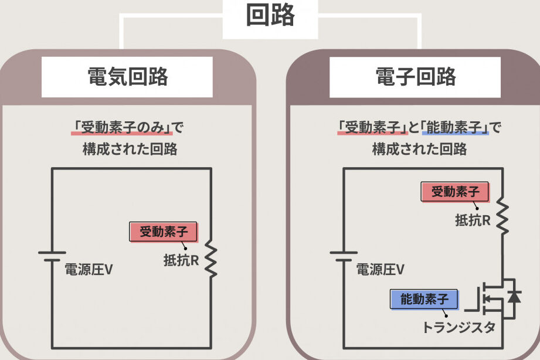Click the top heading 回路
[x=270, y=16]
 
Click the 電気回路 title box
[x=127, y=77]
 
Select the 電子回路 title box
[x=415, y=77]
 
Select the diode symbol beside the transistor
[x=514, y=297]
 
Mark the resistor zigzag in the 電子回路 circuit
[x=502, y=213]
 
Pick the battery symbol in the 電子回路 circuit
[x=343, y=256]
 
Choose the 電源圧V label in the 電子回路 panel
[x=380, y=270]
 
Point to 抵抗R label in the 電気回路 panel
[x=181, y=259]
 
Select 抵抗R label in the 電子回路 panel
[x=473, y=220]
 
